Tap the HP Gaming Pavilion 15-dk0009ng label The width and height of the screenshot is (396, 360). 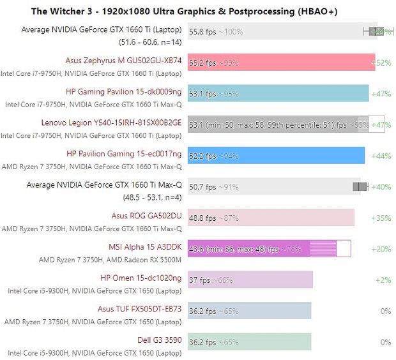pyautogui.click(x=124, y=92)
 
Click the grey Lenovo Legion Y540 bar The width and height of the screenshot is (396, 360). pyautogui.click(x=281, y=124)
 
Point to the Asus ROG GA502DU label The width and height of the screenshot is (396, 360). pyautogui.click(x=146, y=216)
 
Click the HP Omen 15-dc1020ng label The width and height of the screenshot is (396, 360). pyautogui.click(x=141, y=278)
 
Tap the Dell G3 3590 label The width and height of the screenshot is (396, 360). pyautogui.click(x=160, y=340)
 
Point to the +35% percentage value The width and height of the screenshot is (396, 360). pyautogui.click(x=381, y=218)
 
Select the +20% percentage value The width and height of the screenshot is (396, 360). pyautogui.click(x=381, y=249)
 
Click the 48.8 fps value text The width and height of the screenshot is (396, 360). pyautogui.click(x=202, y=218)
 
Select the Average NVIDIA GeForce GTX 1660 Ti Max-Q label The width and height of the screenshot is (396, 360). pyautogui.click(x=104, y=185)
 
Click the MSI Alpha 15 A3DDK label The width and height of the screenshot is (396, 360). pyautogui.click(x=146, y=247)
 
